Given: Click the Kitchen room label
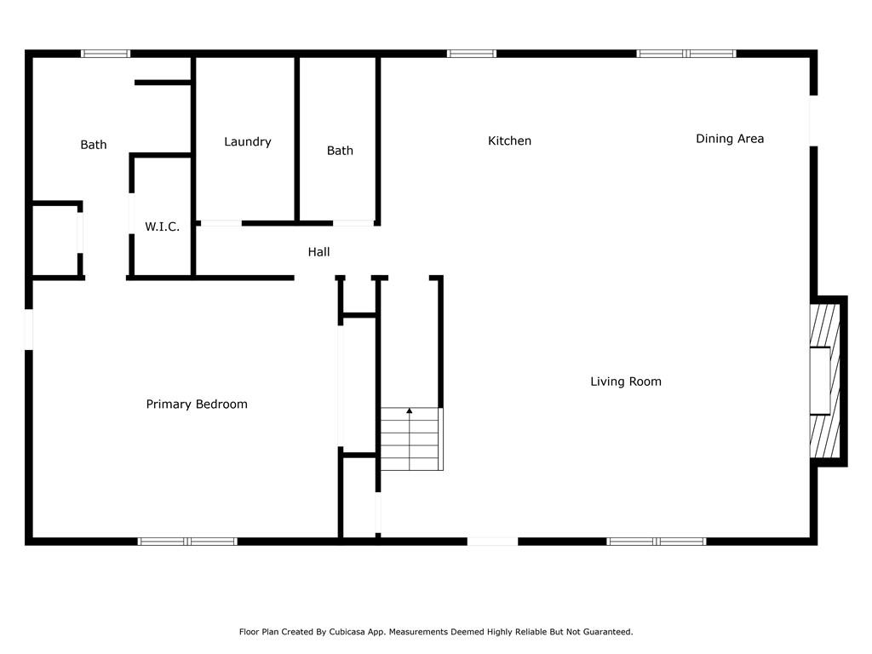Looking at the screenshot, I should point(509,141).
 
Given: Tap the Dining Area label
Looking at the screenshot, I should point(730,138).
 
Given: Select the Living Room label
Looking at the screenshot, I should point(626,381).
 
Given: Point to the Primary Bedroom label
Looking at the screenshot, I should point(197,404).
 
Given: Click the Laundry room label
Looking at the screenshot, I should point(247,141).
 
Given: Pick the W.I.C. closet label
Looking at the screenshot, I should point(162,227).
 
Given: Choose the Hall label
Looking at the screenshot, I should point(318,251).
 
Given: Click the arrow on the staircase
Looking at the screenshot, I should point(410,412).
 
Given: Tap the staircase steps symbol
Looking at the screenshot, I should point(411,439).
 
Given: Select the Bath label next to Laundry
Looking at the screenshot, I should point(340,151).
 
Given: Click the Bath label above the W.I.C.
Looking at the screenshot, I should point(94,145).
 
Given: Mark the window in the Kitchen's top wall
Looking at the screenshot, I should point(472,54).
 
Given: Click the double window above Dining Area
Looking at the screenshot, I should point(686,54).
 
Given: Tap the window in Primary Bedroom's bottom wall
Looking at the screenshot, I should point(187,541).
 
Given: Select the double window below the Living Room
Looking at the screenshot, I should point(657,541).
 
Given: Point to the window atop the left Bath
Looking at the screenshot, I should point(106,54).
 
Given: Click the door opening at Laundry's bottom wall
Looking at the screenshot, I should point(221,223).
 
